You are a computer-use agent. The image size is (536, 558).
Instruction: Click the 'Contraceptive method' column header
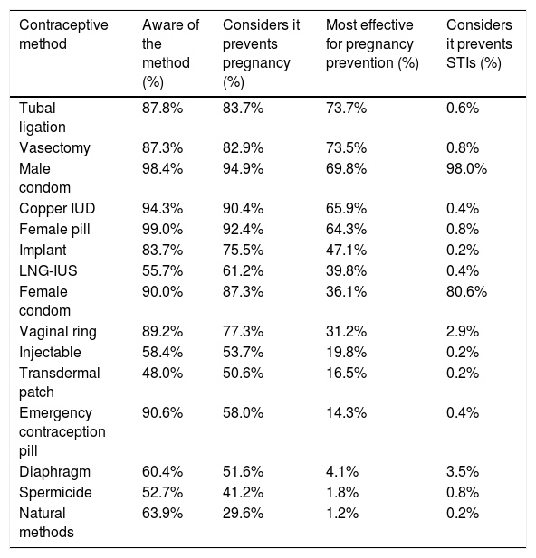[63, 34]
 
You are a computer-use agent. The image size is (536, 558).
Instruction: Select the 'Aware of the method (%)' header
[171, 53]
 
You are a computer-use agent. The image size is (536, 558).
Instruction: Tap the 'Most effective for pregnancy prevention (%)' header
[372, 43]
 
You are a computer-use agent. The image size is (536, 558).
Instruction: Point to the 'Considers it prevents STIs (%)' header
[479, 43]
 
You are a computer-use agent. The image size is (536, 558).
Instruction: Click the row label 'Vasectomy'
[54, 148]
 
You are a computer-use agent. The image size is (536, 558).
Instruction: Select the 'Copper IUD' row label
[57, 209]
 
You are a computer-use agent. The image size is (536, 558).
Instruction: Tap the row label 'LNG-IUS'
[48, 270]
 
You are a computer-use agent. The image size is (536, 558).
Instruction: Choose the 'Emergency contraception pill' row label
[62, 431]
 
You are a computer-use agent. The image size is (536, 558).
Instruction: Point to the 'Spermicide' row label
[55, 493]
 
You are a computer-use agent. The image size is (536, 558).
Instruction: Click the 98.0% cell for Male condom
[466, 169]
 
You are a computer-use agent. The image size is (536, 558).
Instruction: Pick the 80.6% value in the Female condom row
[466, 292]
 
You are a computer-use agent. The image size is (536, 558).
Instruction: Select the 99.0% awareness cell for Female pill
[162, 230]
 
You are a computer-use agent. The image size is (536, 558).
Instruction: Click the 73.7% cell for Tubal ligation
[346, 109]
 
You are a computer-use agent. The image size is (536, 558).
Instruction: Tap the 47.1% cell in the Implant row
[346, 251]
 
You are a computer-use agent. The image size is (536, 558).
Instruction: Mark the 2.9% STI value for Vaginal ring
[463, 332]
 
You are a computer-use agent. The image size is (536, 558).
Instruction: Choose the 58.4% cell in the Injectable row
[162, 353]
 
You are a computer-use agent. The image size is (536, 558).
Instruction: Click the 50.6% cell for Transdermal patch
[243, 374]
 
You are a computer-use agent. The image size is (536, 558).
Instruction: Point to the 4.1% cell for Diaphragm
[342, 472]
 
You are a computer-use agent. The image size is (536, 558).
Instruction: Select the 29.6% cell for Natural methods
[243, 514]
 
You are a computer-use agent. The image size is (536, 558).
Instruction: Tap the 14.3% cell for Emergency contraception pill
[346, 413]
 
